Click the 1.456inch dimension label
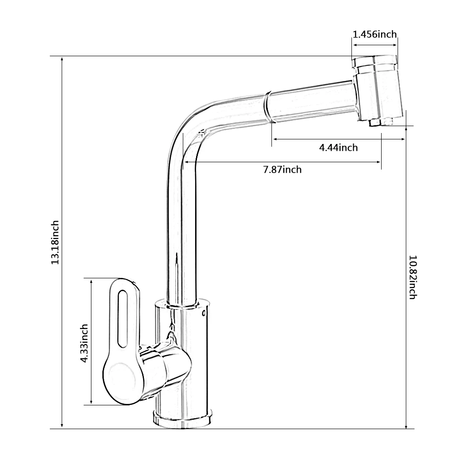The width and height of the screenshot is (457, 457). click(x=375, y=34)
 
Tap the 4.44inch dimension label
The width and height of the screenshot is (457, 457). click(x=338, y=148)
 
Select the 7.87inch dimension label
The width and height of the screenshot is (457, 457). click(x=282, y=170)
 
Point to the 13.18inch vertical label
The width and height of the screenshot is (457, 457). click(x=55, y=242)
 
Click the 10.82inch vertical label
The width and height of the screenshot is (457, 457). click(x=413, y=277)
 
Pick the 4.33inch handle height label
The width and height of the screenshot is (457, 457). click(x=84, y=343)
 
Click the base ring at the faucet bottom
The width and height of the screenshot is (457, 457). click(x=182, y=419)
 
